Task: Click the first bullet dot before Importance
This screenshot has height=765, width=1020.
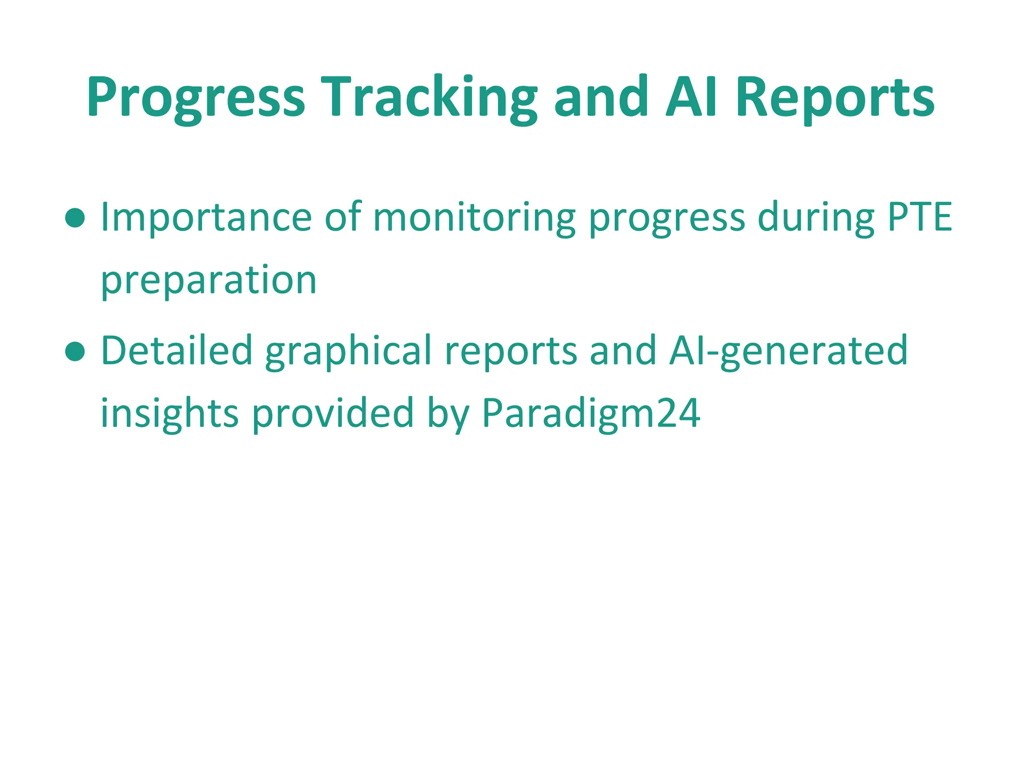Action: [x=75, y=218]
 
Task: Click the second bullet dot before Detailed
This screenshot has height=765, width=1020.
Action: [x=75, y=351]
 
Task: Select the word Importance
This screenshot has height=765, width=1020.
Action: [x=206, y=218]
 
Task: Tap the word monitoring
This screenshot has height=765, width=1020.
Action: [x=474, y=218]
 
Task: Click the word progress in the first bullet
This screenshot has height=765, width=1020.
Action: [x=667, y=218]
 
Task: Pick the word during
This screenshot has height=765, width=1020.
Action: [x=816, y=218]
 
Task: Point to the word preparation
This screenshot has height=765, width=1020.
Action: [x=209, y=280]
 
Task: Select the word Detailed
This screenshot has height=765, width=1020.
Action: [x=177, y=351]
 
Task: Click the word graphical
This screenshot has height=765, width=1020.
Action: [x=348, y=351]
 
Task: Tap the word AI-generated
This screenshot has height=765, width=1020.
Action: [x=788, y=351]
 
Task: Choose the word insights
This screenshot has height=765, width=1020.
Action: [x=170, y=414]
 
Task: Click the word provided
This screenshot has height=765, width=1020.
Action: [x=333, y=414]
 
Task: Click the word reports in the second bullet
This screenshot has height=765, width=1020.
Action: [x=511, y=351]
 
